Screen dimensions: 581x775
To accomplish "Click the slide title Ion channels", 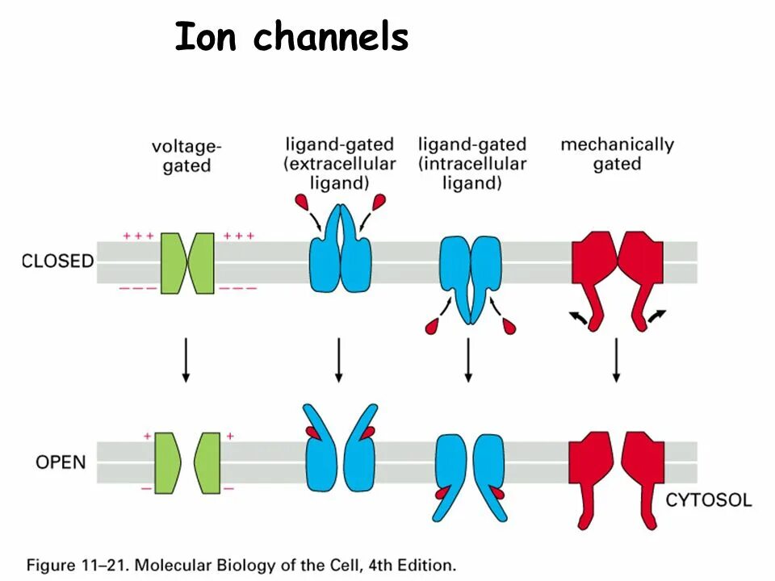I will [x=291, y=37].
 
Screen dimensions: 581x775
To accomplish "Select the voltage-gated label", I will [x=186, y=156].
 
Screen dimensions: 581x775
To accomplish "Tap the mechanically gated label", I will [x=617, y=154].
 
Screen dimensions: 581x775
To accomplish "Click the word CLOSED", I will [x=57, y=261].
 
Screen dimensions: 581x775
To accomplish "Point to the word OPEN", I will [x=61, y=462].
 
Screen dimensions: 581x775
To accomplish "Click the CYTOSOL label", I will [x=708, y=500].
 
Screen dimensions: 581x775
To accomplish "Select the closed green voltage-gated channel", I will [x=187, y=262].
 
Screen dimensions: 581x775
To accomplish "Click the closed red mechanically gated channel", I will [x=618, y=266].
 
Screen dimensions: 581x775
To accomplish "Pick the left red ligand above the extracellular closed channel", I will [x=303, y=201].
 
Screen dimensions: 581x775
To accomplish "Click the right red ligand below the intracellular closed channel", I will [x=509, y=325].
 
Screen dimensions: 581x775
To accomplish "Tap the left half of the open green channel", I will [x=166, y=462].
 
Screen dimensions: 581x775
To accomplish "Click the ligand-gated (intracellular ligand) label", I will [x=472, y=164].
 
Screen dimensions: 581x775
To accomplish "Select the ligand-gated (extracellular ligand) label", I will [x=339, y=164].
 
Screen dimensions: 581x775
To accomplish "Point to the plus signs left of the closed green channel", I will [x=138, y=236].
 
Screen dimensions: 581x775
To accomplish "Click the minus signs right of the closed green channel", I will [x=240, y=288].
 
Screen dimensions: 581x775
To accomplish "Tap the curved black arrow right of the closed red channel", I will [x=656, y=316].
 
